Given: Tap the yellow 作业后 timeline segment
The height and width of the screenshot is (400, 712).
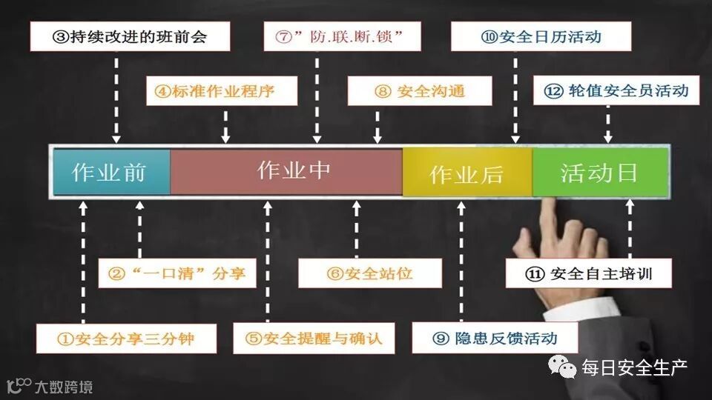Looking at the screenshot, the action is [467, 173].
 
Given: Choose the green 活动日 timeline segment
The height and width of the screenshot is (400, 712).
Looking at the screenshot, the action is [599, 172].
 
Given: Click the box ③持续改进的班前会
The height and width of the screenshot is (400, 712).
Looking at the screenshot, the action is [131, 36].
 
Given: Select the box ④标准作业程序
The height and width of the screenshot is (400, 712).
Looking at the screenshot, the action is [222, 92].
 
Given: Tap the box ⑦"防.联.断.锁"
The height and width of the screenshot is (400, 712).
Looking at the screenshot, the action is [342, 36].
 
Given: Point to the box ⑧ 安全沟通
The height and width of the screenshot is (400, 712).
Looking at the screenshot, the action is [420, 92].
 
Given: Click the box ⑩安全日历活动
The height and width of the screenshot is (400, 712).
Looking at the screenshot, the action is [541, 36].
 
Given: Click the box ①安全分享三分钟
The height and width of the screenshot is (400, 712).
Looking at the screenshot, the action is [126, 339].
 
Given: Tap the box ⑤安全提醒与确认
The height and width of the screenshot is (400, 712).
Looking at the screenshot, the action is [314, 339].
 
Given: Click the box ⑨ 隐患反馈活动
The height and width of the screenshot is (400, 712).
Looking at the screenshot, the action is [495, 339].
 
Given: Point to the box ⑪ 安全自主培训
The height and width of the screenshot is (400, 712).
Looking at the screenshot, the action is [589, 273].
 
